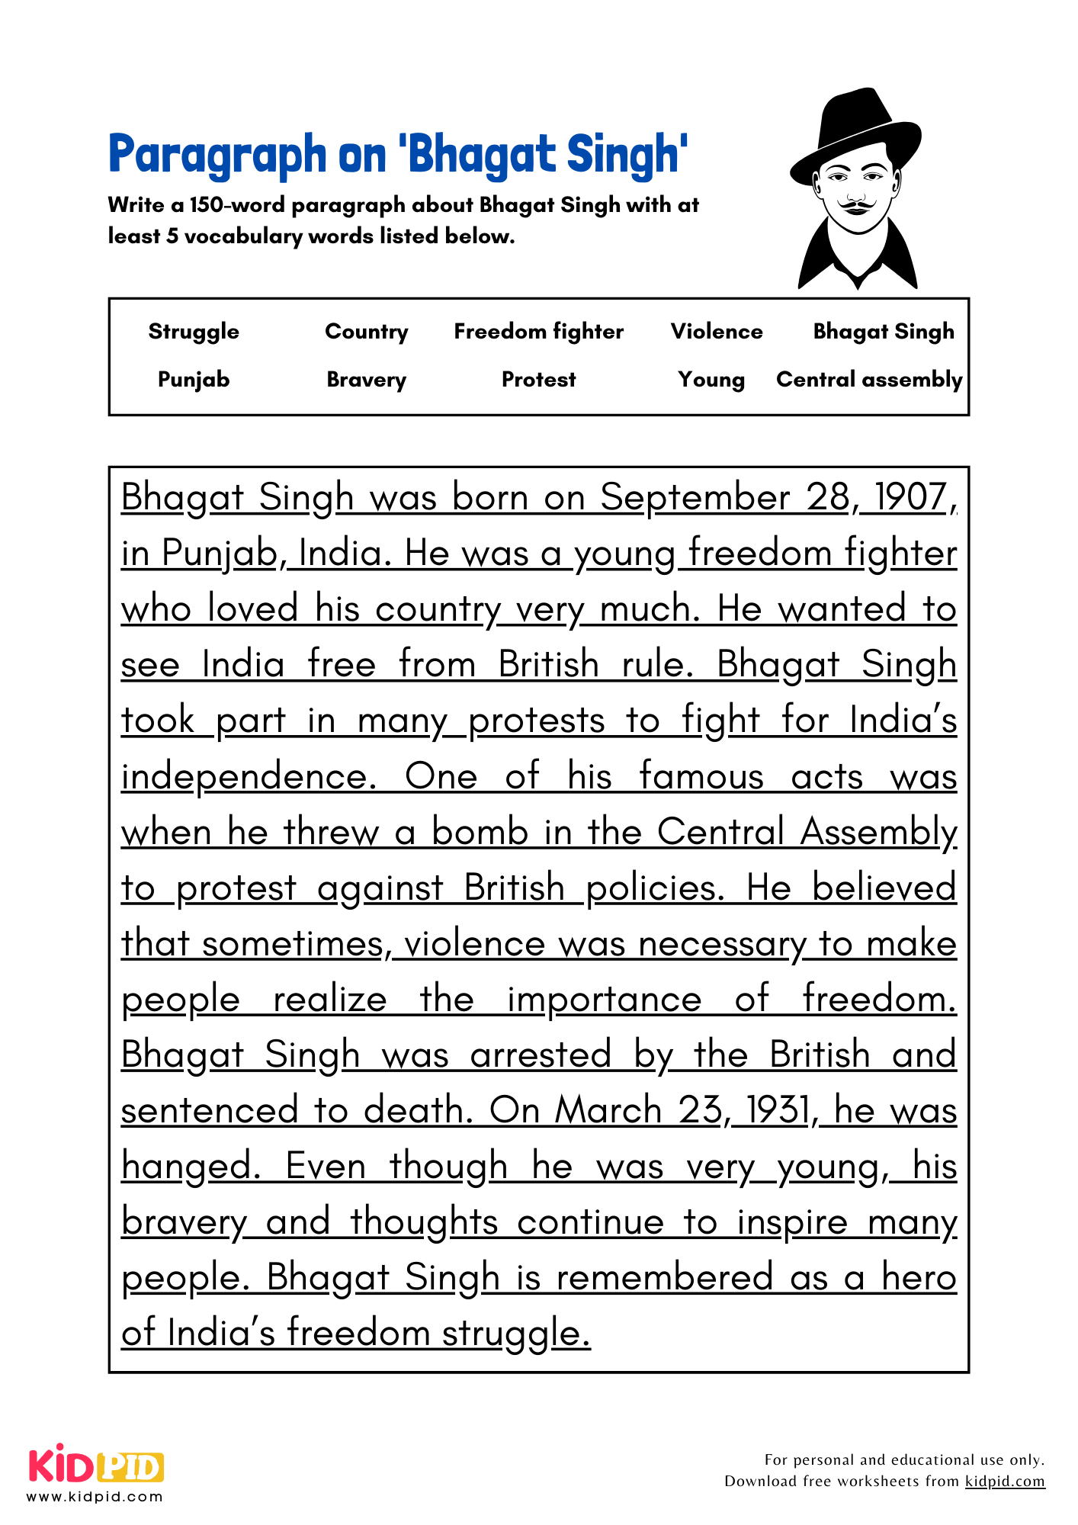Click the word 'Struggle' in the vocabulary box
(194, 332)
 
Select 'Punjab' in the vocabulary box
(194, 380)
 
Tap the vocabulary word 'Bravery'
(366, 380)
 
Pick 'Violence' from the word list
(716, 332)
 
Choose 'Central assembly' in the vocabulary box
(868, 380)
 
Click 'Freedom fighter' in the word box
(538, 332)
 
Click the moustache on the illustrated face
(857, 204)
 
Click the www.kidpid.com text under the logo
(95, 1497)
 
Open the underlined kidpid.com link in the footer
(1004, 1482)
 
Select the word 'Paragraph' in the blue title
(217, 155)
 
